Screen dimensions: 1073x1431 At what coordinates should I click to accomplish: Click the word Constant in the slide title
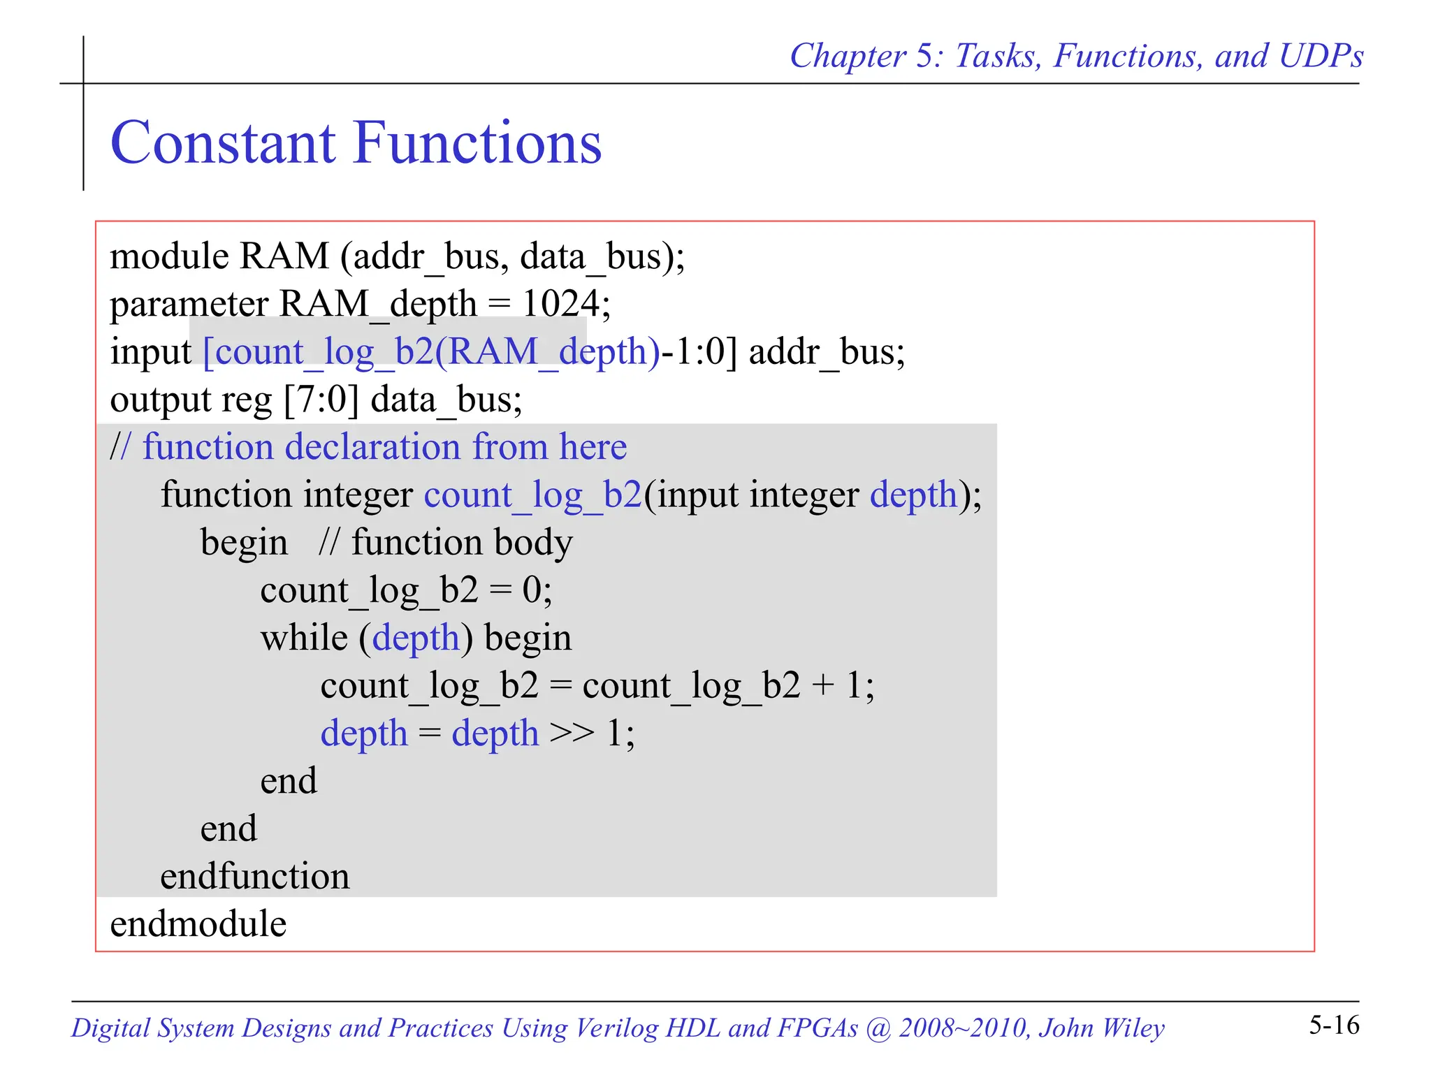point(222,143)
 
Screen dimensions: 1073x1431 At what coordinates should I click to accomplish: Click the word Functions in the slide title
point(478,143)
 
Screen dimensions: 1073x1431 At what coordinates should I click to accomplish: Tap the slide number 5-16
point(1334,1025)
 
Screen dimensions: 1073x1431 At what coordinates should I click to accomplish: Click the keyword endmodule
point(198,924)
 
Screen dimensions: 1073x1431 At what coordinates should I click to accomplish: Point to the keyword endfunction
point(254,876)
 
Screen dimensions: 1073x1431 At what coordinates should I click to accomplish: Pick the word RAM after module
point(283,256)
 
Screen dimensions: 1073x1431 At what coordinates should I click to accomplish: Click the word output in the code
point(161,400)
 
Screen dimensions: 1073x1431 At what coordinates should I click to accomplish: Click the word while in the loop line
point(304,638)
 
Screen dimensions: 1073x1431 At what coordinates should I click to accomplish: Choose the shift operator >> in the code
point(572,733)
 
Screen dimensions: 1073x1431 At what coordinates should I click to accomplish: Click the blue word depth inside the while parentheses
point(415,638)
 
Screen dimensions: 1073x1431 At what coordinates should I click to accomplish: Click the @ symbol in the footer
point(877,1028)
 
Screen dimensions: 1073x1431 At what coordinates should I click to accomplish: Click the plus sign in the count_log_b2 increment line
point(823,686)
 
